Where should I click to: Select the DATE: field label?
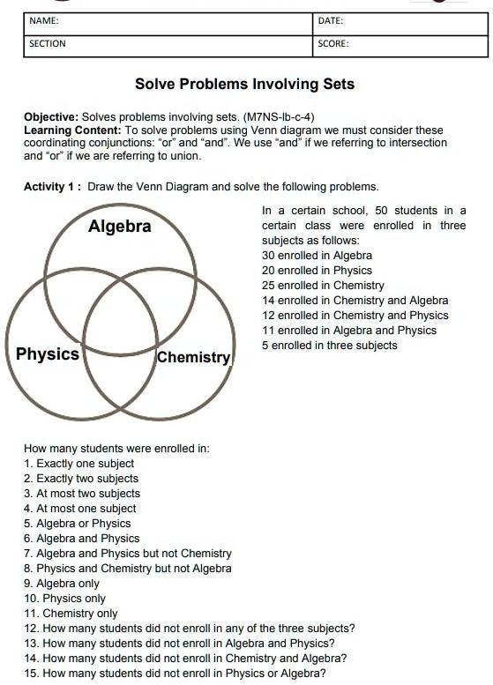331,20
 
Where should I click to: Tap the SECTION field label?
48,43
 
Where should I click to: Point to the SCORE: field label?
333,43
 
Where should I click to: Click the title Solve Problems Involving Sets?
244,85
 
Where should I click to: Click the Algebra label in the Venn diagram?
120,227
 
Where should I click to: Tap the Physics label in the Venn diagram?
48,354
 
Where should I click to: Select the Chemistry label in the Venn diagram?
193,357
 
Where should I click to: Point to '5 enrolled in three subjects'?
329,346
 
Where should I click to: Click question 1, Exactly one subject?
79,464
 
